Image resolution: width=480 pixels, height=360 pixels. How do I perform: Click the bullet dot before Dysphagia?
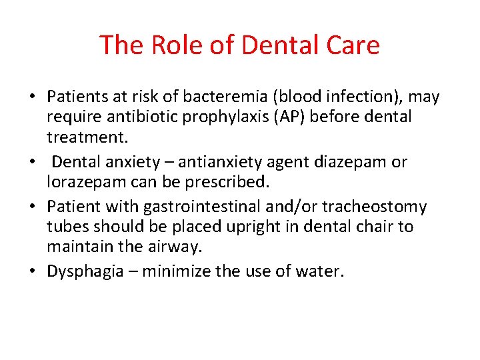point(33,272)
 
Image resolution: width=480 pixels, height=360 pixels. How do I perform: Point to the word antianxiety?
point(214,162)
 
